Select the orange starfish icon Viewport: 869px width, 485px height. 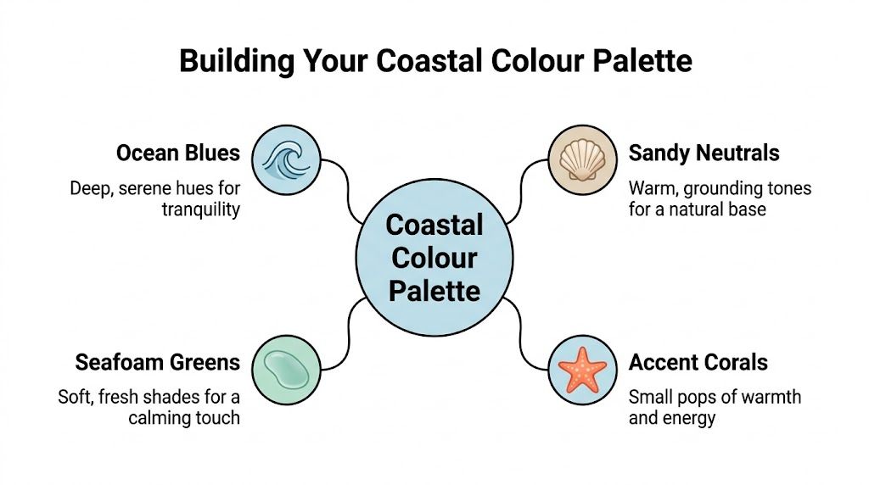(581, 371)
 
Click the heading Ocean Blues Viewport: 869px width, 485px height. (178, 153)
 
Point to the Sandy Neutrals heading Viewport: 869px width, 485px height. (704, 153)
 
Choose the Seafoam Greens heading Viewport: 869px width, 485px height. (158, 363)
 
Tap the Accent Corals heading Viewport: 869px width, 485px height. (698, 363)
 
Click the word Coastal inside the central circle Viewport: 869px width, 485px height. (434, 226)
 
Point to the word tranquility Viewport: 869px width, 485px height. (200, 209)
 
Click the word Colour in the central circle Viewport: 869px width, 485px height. (434, 258)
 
